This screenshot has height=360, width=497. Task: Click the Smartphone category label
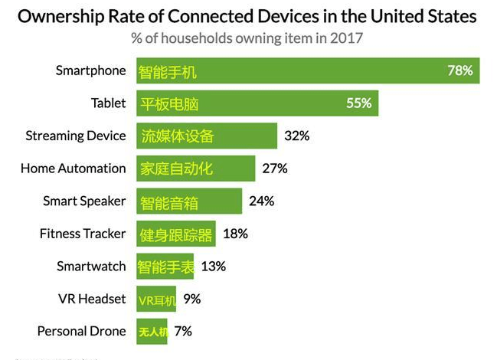(x=90, y=70)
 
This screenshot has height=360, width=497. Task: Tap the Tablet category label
(x=108, y=103)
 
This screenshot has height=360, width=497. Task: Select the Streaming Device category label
(x=75, y=136)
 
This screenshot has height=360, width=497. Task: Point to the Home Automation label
(x=73, y=169)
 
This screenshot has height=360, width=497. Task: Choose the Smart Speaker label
(x=84, y=201)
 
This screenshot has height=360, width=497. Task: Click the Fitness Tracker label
(x=82, y=234)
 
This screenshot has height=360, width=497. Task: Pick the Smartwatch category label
(x=91, y=267)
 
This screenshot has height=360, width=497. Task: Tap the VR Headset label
(x=91, y=299)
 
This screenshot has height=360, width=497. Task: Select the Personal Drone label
(x=81, y=332)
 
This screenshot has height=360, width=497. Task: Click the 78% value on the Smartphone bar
(x=459, y=70)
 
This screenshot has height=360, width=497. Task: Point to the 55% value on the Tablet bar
(x=358, y=103)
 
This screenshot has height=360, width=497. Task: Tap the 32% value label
(x=296, y=136)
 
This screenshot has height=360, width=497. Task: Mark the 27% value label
(x=274, y=169)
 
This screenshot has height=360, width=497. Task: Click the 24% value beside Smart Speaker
(x=261, y=201)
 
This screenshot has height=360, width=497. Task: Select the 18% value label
(x=235, y=234)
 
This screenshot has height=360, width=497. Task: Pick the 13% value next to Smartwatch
(x=213, y=267)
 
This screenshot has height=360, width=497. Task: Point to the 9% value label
(x=191, y=299)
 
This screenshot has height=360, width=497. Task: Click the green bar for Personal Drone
(x=152, y=332)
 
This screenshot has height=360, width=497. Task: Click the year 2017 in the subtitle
(x=347, y=37)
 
